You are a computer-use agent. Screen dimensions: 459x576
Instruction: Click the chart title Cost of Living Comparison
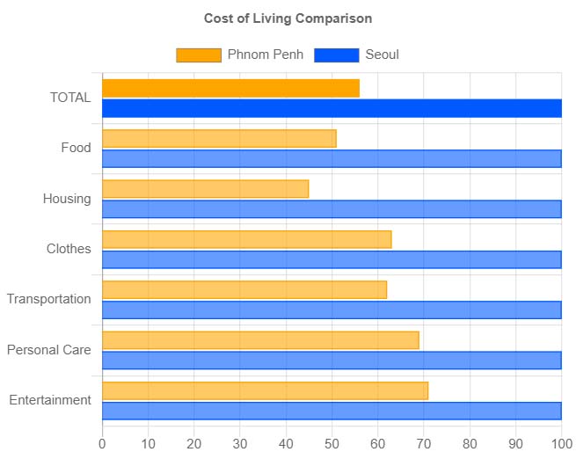(x=288, y=18)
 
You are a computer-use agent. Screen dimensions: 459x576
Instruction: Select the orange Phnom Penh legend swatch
(x=198, y=55)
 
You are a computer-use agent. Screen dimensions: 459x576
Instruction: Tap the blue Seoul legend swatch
(x=336, y=55)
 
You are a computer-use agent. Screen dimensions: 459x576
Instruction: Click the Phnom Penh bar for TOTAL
(x=230, y=88)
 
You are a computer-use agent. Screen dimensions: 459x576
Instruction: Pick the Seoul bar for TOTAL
(x=332, y=108)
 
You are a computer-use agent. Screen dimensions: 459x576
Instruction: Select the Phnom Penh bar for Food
(x=219, y=139)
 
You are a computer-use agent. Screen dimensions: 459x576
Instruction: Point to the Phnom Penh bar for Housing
(x=205, y=189)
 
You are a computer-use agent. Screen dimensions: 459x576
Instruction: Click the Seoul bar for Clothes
(x=332, y=259)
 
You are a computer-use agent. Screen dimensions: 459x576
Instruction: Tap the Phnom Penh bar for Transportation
(x=244, y=290)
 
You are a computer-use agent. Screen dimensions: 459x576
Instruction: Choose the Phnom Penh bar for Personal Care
(x=260, y=340)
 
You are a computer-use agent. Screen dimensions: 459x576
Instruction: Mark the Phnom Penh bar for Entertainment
(x=265, y=390)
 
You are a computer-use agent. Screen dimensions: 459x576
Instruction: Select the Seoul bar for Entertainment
(x=332, y=411)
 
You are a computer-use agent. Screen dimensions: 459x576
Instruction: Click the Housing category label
(x=67, y=199)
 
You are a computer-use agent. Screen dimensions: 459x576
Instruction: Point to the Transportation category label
(x=49, y=300)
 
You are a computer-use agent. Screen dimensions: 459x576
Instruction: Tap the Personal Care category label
(x=49, y=350)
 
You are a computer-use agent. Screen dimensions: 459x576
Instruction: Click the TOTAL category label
(x=70, y=98)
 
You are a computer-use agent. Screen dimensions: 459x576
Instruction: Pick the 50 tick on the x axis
(x=332, y=444)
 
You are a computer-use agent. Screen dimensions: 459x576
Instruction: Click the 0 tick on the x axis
(x=103, y=444)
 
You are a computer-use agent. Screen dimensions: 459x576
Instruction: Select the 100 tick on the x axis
(x=560, y=444)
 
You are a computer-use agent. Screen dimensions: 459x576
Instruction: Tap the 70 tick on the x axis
(x=424, y=444)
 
